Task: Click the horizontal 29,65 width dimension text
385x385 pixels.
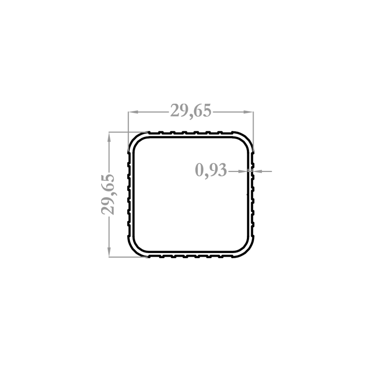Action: tap(191, 111)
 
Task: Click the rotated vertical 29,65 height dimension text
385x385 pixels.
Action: tap(108, 195)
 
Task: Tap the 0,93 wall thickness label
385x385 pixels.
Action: tap(211, 170)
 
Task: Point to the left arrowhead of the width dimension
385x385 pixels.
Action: tap(133, 112)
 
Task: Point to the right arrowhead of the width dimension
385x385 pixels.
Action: tap(248, 112)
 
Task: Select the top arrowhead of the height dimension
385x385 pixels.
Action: tap(109, 137)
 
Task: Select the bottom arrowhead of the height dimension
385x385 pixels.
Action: tap(109, 252)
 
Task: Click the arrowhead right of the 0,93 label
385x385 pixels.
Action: tap(243, 171)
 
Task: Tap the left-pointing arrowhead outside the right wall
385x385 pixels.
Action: tap(258, 171)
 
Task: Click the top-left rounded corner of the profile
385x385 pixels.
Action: tap(136, 140)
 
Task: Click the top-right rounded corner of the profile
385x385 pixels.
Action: tap(246, 140)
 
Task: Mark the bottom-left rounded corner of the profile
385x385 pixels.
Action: tap(136, 250)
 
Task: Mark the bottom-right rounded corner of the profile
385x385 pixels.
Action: tap(246, 250)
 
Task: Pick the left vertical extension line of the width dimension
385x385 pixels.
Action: tap(128, 131)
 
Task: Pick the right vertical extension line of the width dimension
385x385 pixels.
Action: tap(254, 131)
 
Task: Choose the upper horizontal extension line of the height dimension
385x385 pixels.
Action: tap(128, 132)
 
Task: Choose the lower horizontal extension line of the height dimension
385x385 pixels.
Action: tap(128, 257)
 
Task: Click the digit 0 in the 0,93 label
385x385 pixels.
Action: tap(199, 170)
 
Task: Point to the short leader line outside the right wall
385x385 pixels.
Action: tap(262, 171)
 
